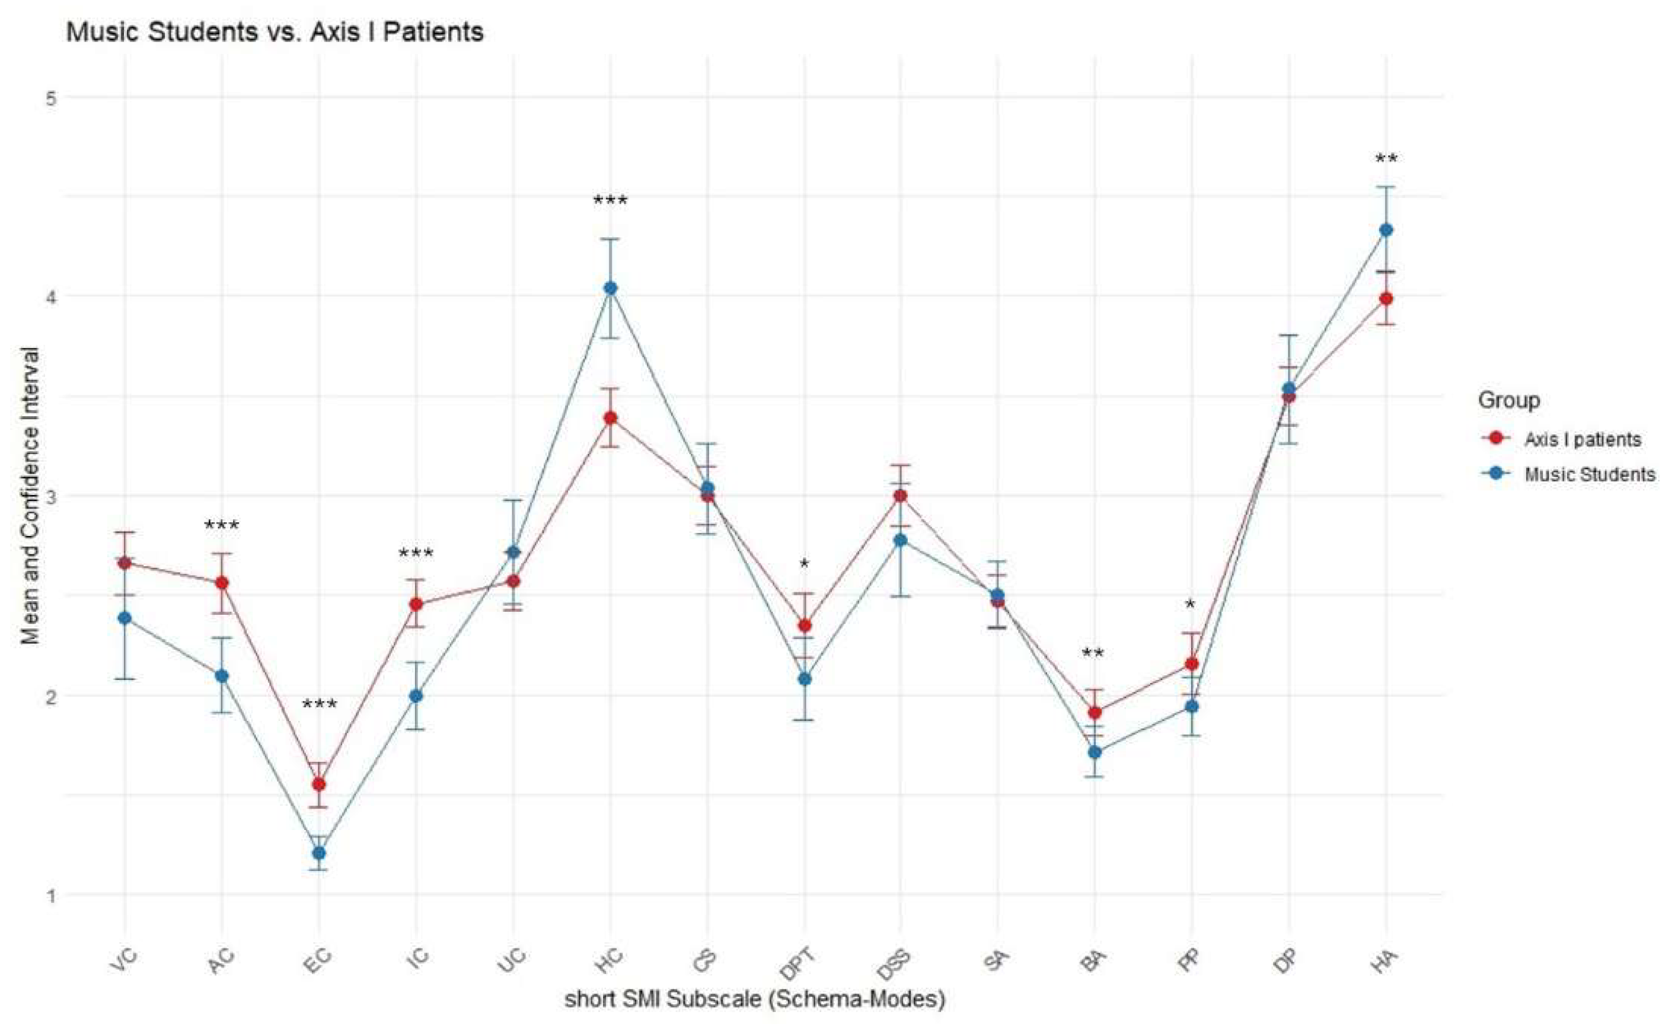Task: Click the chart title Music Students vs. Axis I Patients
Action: (x=275, y=32)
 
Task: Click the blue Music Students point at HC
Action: (x=610, y=289)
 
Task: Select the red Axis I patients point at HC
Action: (x=610, y=417)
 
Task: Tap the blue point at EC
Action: (x=318, y=853)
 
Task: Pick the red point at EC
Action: (x=318, y=784)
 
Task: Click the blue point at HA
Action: (x=1385, y=230)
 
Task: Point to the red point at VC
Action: (x=125, y=563)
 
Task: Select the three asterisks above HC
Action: (x=610, y=201)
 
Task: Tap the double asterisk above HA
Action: (x=1386, y=160)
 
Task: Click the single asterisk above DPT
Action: (x=805, y=564)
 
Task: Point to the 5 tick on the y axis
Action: (x=51, y=97)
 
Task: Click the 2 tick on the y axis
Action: (x=51, y=696)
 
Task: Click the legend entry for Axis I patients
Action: (x=1583, y=440)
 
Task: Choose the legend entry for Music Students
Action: (x=1589, y=474)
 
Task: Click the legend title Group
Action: (x=1508, y=400)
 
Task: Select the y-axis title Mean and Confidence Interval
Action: (x=30, y=496)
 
